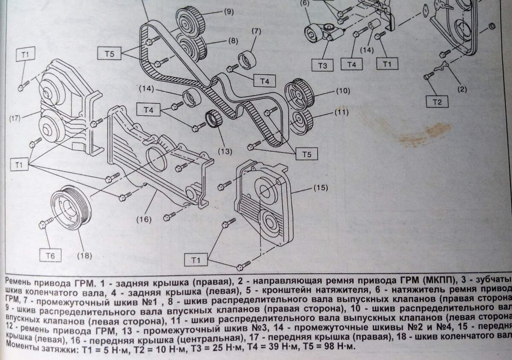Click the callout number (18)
[84, 256]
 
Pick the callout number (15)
[322, 187]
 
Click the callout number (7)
[256, 31]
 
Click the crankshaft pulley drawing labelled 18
[70, 207]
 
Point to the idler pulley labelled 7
[247, 59]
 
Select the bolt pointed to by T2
[428, 76]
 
